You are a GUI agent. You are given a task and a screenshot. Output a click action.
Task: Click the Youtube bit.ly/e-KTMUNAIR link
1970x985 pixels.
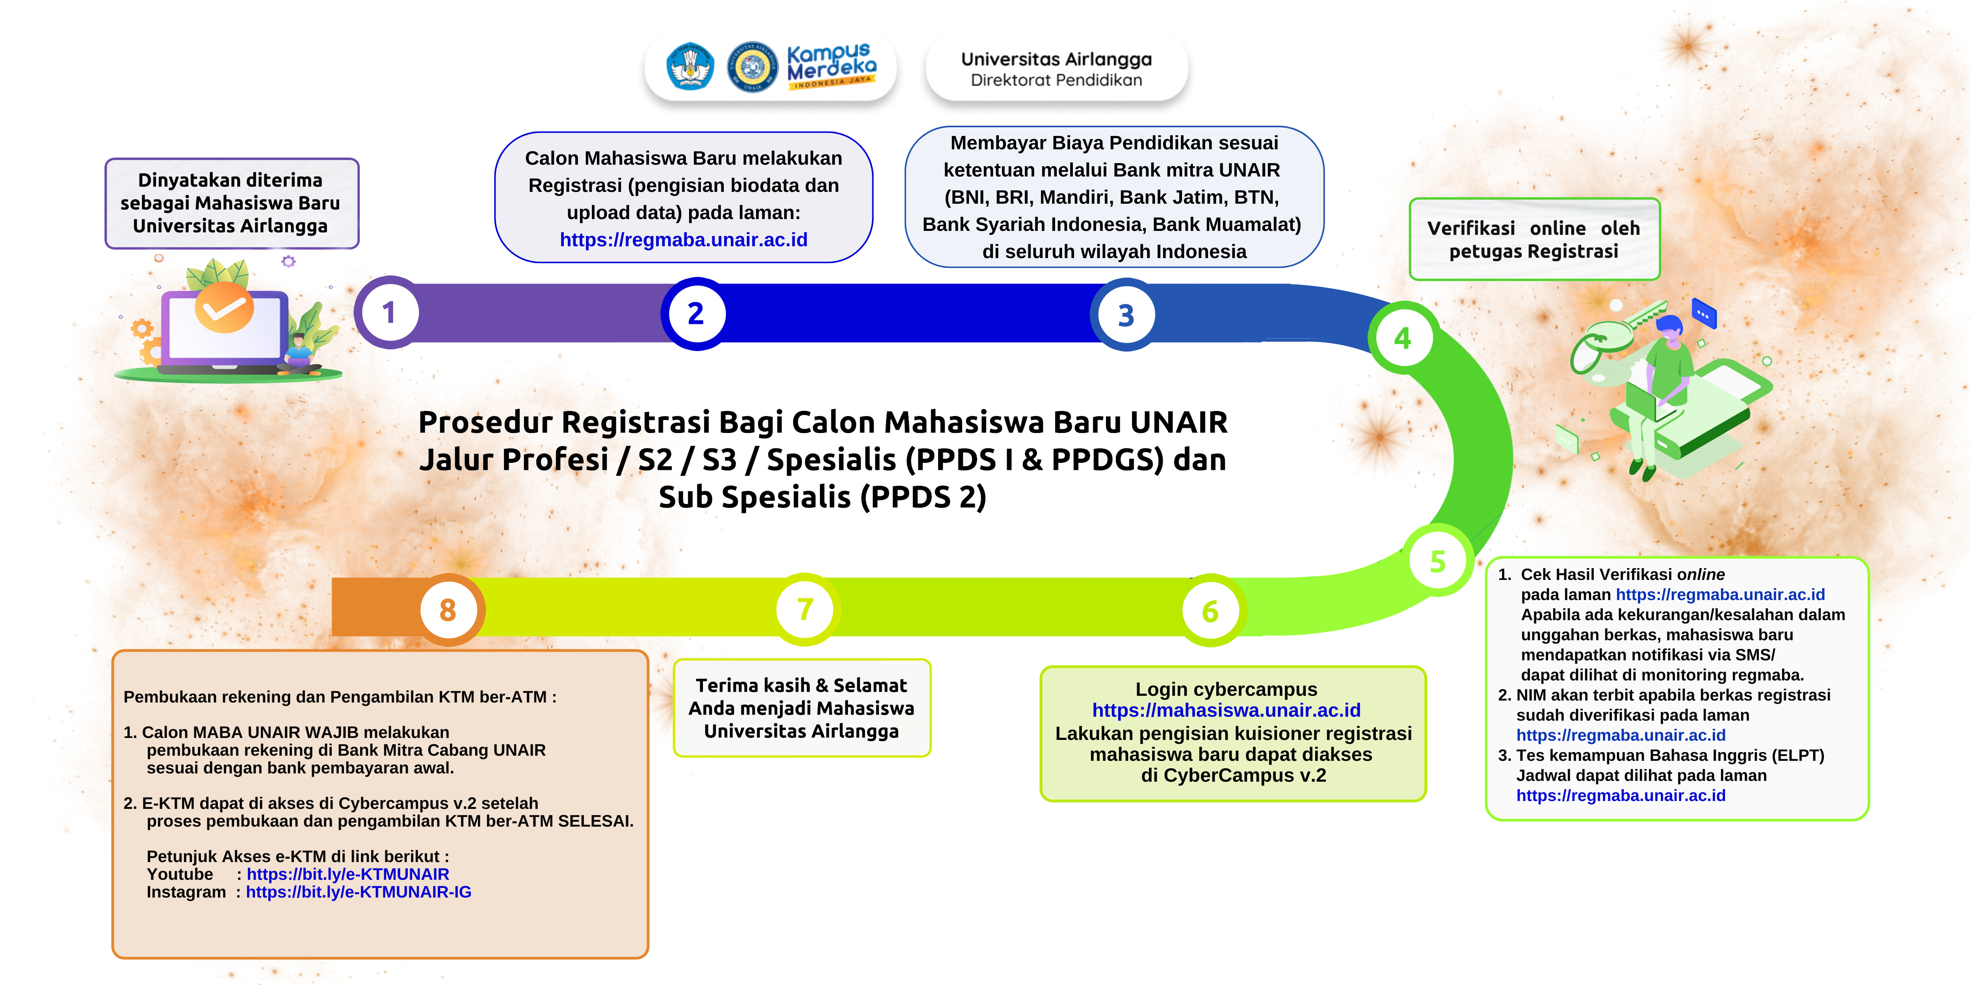[x=348, y=874]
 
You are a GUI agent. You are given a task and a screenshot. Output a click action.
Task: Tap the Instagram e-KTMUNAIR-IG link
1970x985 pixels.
[x=359, y=892]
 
